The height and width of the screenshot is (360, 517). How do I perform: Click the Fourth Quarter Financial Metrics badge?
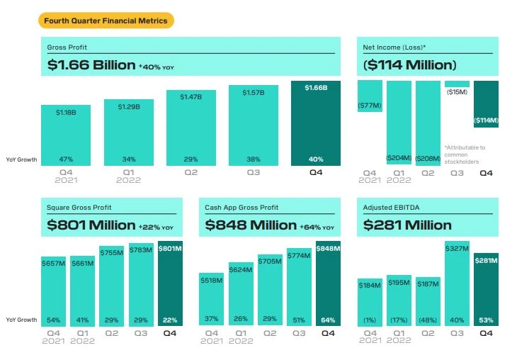tap(106, 21)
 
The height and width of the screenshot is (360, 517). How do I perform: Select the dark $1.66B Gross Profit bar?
tap(315, 124)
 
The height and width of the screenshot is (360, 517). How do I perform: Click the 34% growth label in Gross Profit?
tap(128, 159)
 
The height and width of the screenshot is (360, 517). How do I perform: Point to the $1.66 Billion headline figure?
tap(91, 65)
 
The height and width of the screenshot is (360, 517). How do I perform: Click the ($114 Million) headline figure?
tap(409, 65)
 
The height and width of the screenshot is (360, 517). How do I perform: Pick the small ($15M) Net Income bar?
tap(457, 84)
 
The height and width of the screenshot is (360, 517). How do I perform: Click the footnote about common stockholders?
tap(465, 154)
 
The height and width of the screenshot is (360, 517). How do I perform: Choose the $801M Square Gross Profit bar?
tap(171, 284)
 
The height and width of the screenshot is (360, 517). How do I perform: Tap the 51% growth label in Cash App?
tap(300, 320)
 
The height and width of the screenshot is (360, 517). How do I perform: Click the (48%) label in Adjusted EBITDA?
tap(428, 320)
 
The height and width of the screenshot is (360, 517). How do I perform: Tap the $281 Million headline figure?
tap(407, 225)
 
